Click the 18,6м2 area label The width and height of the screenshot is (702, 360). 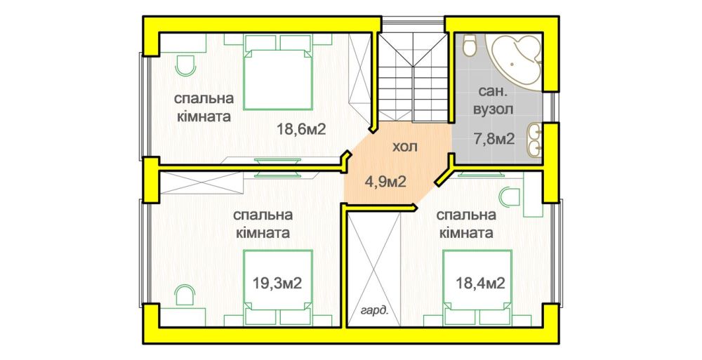click(x=300, y=130)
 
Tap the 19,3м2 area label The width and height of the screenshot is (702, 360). click(x=277, y=283)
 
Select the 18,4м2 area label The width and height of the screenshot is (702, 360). click(x=480, y=283)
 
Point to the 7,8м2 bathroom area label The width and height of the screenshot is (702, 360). click(x=494, y=139)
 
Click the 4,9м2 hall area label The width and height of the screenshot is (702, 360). click(x=386, y=182)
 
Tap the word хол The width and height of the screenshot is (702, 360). click(x=405, y=147)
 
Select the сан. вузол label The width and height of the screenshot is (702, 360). click(x=494, y=100)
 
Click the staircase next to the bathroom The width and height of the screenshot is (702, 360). click(x=413, y=77)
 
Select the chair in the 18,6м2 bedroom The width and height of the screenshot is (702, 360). click(x=185, y=66)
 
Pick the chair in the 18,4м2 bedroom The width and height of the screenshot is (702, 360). click(x=510, y=198)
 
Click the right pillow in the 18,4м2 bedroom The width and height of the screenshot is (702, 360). click(x=494, y=316)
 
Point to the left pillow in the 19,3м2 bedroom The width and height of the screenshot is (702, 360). click(x=260, y=316)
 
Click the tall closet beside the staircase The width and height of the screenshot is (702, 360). click(x=360, y=74)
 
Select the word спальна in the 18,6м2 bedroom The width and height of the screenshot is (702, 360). click(x=204, y=98)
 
